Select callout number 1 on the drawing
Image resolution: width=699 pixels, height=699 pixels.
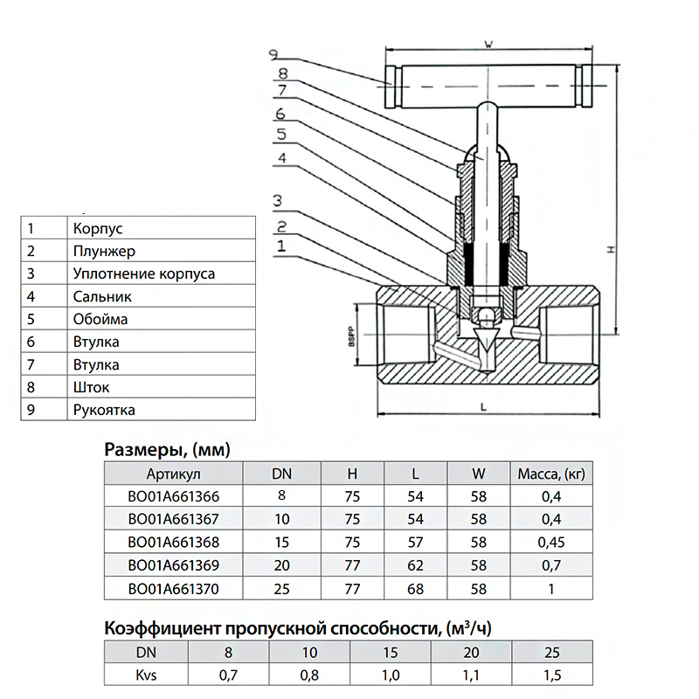[280, 247]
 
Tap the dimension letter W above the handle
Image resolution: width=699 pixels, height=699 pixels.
[488, 44]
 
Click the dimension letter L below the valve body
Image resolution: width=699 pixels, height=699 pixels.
[483, 407]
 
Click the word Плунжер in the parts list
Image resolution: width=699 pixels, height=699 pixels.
[105, 252]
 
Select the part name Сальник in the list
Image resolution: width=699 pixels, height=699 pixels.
[102, 297]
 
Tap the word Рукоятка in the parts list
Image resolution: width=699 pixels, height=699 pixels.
[105, 409]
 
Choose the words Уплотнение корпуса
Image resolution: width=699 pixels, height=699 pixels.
[144, 274]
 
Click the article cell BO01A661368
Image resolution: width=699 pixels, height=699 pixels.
[174, 543]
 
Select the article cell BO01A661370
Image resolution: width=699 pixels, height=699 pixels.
[174, 589]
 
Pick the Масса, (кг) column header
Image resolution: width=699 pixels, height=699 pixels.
[551, 474]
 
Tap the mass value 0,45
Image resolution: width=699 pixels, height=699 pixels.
[551, 543]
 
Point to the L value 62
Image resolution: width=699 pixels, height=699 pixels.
[416, 566]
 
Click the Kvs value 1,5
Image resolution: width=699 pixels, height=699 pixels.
[551, 675]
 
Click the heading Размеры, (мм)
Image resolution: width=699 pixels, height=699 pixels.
[166, 450]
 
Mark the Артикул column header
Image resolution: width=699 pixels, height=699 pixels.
[174, 474]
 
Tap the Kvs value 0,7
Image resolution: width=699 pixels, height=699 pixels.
[229, 675]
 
